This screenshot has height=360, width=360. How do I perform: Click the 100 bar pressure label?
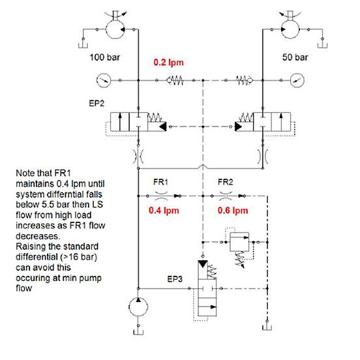(105, 57)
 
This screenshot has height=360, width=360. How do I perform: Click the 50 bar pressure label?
(295, 57)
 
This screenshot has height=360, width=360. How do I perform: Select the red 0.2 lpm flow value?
(168, 63)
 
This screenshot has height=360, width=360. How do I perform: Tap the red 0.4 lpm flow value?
(164, 211)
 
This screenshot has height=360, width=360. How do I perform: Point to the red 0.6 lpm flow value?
(233, 211)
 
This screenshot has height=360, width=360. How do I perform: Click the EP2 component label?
(97, 104)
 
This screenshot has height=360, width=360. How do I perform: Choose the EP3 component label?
(175, 279)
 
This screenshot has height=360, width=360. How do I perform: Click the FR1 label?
(160, 183)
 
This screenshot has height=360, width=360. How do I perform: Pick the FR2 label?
(226, 183)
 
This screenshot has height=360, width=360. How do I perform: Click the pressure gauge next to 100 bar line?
(103, 80)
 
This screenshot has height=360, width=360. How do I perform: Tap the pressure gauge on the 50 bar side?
(297, 80)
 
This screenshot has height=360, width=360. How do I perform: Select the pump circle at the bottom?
(138, 307)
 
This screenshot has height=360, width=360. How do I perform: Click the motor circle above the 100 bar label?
(115, 29)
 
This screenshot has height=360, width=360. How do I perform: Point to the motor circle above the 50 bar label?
(290, 29)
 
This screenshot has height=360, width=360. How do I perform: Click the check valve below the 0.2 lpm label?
(175, 80)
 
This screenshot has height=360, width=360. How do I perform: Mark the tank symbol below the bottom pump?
(138, 332)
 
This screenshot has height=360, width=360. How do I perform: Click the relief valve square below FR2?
(239, 242)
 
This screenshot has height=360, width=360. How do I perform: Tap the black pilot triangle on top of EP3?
(203, 264)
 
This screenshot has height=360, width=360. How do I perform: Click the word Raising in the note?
(31, 247)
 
